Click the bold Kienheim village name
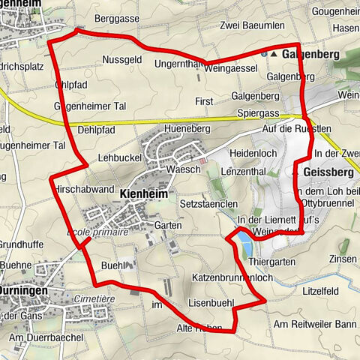click(142, 193)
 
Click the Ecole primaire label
click(97, 232)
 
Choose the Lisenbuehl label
click(211, 302)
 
